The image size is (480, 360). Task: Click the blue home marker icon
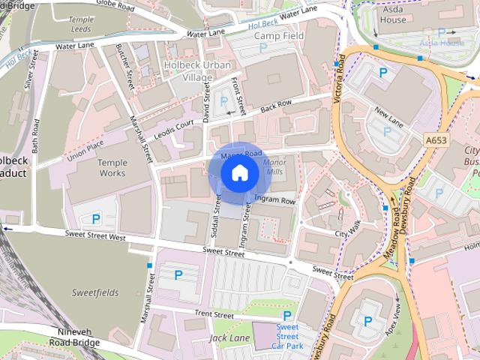pos(239,173)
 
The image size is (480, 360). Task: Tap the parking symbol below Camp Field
pos(263,48)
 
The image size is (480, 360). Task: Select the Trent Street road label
pos(214,313)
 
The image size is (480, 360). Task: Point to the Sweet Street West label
pos(96,236)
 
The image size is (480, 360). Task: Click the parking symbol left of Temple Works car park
pos(96,219)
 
